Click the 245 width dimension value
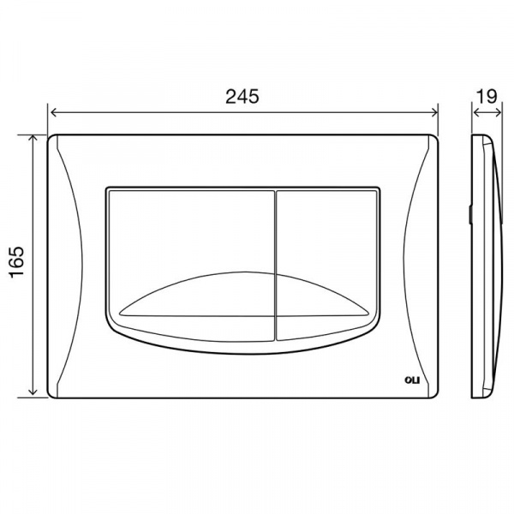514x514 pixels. pyautogui.click(x=242, y=96)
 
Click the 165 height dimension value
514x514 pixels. pyautogui.click(x=17, y=262)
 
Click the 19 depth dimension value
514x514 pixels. pyautogui.click(x=487, y=96)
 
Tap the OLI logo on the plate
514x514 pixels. pyautogui.click(x=412, y=380)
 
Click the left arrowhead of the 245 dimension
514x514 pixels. pyautogui.click(x=52, y=112)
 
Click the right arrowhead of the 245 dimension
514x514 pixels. pyautogui.click(x=434, y=112)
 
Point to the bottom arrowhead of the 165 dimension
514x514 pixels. pyautogui.click(x=33, y=391)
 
